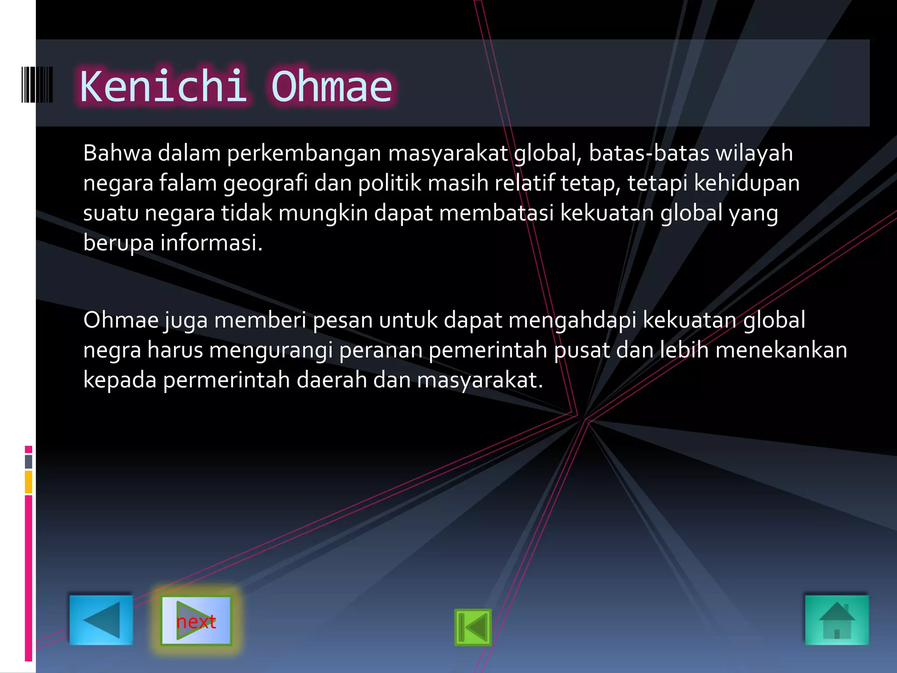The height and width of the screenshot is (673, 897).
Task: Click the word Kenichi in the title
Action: [x=163, y=86]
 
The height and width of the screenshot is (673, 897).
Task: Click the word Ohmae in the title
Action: [x=332, y=86]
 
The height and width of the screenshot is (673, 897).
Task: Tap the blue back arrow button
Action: [x=101, y=620]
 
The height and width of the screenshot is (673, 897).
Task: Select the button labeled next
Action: [x=196, y=621]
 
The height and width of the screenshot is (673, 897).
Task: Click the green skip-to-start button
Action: [x=473, y=627]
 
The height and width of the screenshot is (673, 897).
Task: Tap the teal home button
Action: [x=837, y=620]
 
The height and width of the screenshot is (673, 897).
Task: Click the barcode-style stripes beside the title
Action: [x=37, y=85]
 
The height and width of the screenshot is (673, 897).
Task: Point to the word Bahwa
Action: [x=117, y=153]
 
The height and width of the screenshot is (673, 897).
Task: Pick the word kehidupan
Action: [x=747, y=184]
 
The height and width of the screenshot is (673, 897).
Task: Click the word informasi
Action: [x=211, y=243]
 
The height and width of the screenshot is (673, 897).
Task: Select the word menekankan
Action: [x=781, y=350]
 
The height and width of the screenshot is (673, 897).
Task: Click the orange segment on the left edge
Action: [x=28, y=482]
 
